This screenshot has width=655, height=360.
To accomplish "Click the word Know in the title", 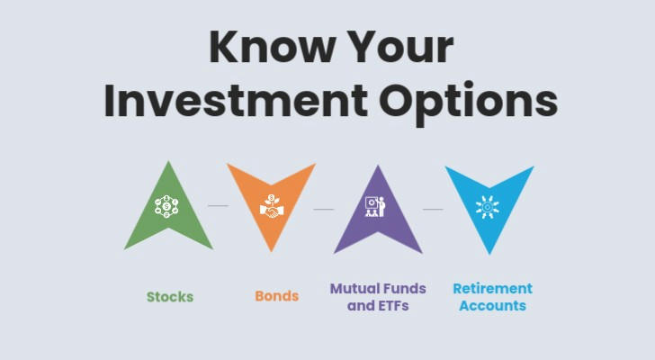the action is pyautogui.click(x=273, y=47).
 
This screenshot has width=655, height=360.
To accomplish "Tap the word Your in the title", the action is pyautogui.click(x=400, y=47).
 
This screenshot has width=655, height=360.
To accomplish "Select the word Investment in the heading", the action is pyautogui.click(x=236, y=101).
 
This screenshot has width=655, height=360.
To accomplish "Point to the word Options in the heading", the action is pyautogui.click(x=468, y=103).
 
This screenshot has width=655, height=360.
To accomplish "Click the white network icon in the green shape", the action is pyautogui.click(x=166, y=206).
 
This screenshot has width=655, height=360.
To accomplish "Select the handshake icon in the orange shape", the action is pyautogui.click(x=272, y=206).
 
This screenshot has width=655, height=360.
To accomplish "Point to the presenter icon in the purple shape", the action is pyautogui.click(x=375, y=206).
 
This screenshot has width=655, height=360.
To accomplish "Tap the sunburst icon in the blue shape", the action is pyautogui.click(x=487, y=207).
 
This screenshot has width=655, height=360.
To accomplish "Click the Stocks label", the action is pyautogui.click(x=170, y=296).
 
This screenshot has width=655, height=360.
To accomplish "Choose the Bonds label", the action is pyautogui.click(x=277, y=296).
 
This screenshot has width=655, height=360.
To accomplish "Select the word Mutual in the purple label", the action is pyautogui.click(x=354, y=288).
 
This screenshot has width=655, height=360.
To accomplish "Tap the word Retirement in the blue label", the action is pyautogui.click(x=493, y=288).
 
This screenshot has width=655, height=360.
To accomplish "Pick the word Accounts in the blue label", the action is pyautogui.click(x=493, y=306).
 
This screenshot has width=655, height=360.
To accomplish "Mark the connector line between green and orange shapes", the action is pyautogui.click(x=219, y=205).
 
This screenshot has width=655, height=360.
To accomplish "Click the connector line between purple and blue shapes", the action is pyautogui.click(x=433, y=209).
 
